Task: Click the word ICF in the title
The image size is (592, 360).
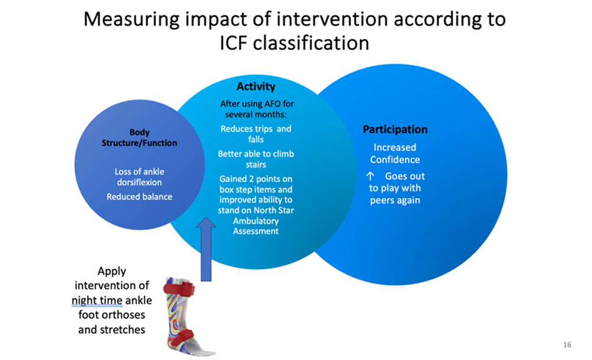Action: coord(233,43)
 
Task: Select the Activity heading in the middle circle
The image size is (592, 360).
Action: coord(256,86)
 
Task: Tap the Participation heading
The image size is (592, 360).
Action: coord(395,129)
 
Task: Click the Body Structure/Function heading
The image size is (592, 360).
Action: coord(139,137)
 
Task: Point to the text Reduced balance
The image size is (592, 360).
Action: coord(139,197)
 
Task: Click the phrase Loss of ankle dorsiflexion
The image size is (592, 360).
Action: coord(139,177)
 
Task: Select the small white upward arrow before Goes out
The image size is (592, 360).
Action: coord(371,176)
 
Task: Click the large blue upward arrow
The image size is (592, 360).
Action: coord(206,249)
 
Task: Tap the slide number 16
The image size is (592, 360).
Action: coord(567,345)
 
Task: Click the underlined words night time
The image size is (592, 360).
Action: coord(97,300)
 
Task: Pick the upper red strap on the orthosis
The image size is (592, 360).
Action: coord(179,289)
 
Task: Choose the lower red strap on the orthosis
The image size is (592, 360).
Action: coord(181,337)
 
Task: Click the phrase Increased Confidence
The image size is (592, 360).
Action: coord(395,153)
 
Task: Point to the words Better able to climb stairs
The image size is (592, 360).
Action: coord(256,159)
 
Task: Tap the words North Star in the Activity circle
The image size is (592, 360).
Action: coord(275,210)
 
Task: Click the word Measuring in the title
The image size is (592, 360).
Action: coord(131,20)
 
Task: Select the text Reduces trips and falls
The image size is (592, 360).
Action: coord(256,134)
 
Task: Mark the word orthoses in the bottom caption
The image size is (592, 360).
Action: coord(123,314)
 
